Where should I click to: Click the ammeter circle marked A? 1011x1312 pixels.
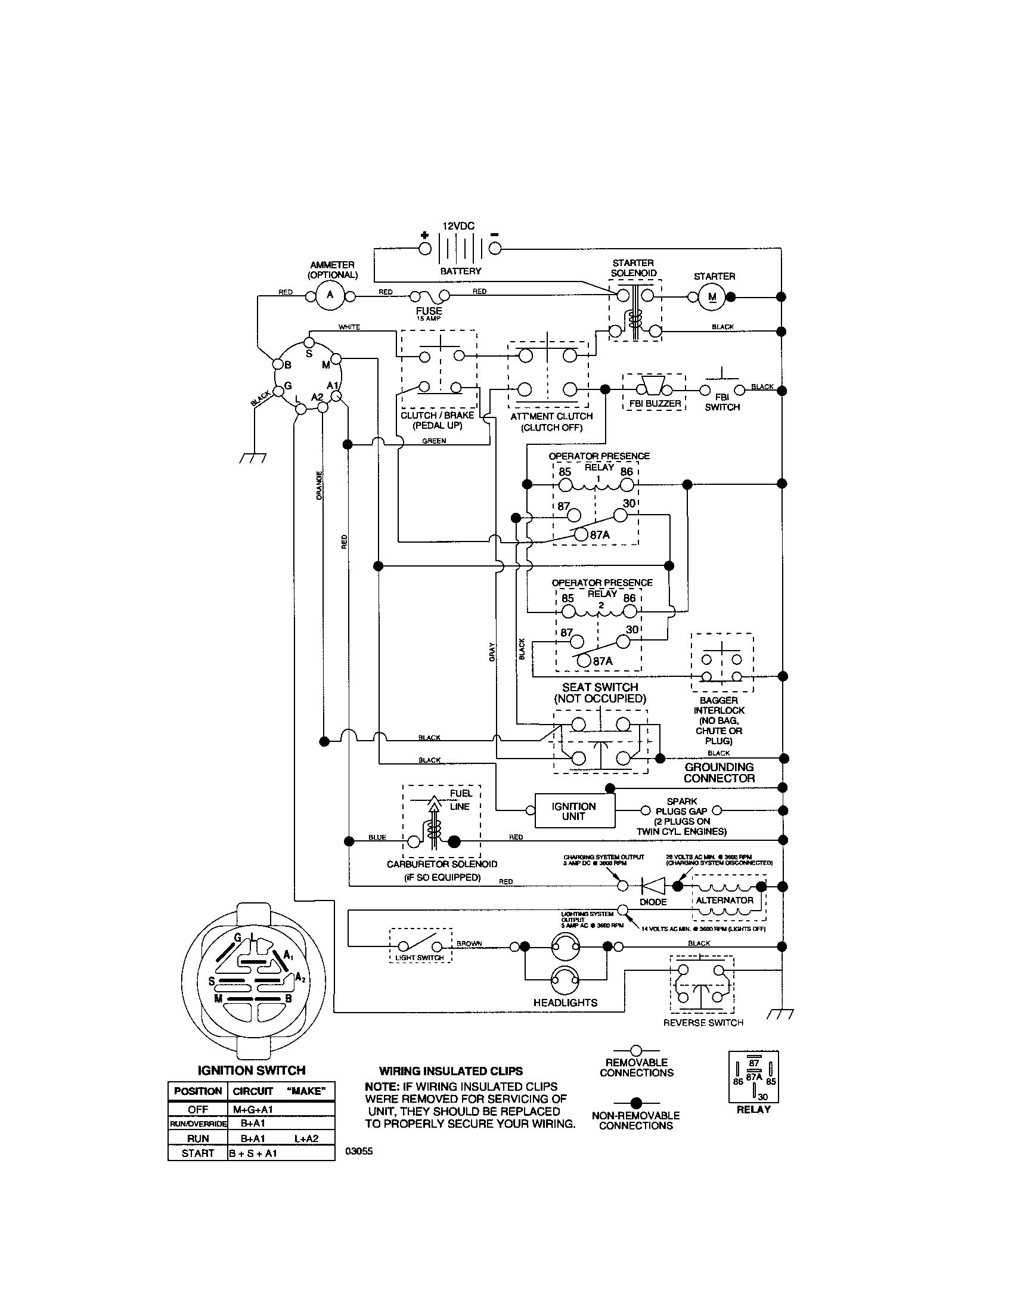point(330,296)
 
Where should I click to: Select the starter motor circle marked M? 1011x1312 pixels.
point(712,297)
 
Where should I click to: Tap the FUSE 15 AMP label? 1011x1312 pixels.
point(429,312)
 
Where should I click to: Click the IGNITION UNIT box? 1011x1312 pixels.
point(574,811)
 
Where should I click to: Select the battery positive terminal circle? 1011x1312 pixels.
point(424,248)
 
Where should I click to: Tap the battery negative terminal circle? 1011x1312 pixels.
point(495,248)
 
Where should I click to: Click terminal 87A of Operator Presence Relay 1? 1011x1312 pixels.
point(580,535)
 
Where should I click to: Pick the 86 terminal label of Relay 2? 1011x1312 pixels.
point(629,598)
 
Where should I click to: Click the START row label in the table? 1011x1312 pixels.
point(197,1153)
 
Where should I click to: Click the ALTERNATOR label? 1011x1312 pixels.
point(724,900)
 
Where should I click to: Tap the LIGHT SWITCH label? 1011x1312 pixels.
point(420,958)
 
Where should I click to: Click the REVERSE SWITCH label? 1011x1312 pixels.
point(703,1022)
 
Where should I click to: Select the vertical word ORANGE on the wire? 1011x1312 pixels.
point(320,485)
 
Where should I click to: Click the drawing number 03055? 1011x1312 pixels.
point(359,1152)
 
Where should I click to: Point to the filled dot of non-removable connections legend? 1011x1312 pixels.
point(637,1102)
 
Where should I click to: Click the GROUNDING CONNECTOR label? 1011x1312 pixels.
point(719,772)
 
